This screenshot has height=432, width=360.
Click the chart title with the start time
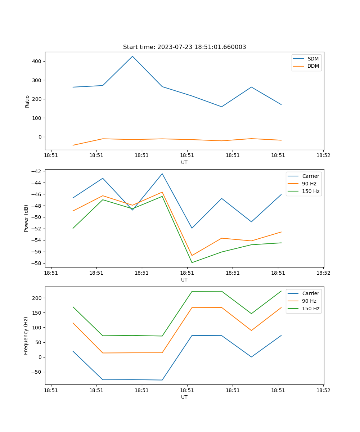tap(184, 47)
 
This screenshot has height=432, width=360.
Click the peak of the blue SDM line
tap(132, 56)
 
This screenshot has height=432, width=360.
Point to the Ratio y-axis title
tap(27, 101)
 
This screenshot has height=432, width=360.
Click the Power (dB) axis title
tap(26, 218)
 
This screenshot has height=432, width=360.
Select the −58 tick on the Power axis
tap(36, 263)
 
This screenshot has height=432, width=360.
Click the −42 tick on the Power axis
tap(36, 171)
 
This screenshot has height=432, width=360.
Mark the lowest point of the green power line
tap(192, 262)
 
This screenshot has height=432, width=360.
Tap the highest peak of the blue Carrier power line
tap(162, 174)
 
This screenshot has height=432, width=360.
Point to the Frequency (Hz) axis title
tap(26, 336)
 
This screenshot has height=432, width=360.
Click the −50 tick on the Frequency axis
tap(36, 372)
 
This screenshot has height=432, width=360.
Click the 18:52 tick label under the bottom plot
tap(323, 390)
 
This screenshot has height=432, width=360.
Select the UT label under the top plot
tap(184, 162)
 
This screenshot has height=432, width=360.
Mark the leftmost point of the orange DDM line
tap(73, 145)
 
